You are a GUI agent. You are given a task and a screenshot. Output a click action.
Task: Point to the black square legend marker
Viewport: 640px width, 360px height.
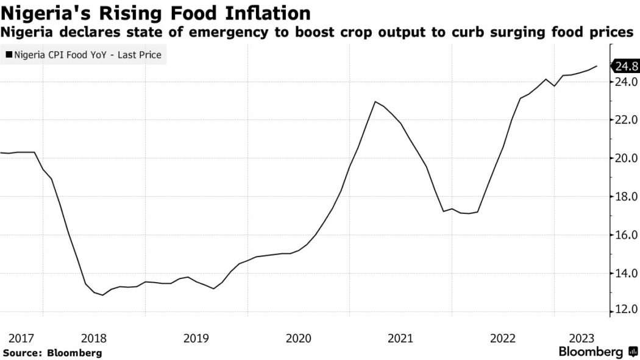tap(9, 55)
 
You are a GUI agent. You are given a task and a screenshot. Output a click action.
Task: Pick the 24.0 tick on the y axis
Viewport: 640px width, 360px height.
tap(625, 82)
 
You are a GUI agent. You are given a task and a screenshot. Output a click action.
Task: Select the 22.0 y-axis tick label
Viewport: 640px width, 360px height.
tap(625, 120)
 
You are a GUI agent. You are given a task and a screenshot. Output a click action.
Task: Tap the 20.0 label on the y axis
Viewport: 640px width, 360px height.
tap(625, 158)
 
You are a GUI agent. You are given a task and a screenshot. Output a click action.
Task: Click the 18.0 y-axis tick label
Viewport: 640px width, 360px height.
tap(625, 197)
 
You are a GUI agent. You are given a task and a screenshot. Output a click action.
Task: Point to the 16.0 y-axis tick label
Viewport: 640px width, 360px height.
tap(625, 235)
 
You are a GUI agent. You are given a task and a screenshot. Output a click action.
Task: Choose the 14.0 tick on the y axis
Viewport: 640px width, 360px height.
tap(625, 274)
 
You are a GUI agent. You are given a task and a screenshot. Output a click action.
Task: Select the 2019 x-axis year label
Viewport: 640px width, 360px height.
tap(196, 338)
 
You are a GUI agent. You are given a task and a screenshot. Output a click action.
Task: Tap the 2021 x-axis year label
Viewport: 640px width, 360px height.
tap(401, 338)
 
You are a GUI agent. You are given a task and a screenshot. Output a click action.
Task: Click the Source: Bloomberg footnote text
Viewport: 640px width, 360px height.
tap(52, 353)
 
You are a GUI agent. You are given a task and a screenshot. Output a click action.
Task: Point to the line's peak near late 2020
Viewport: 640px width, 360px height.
tap(375, 102)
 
